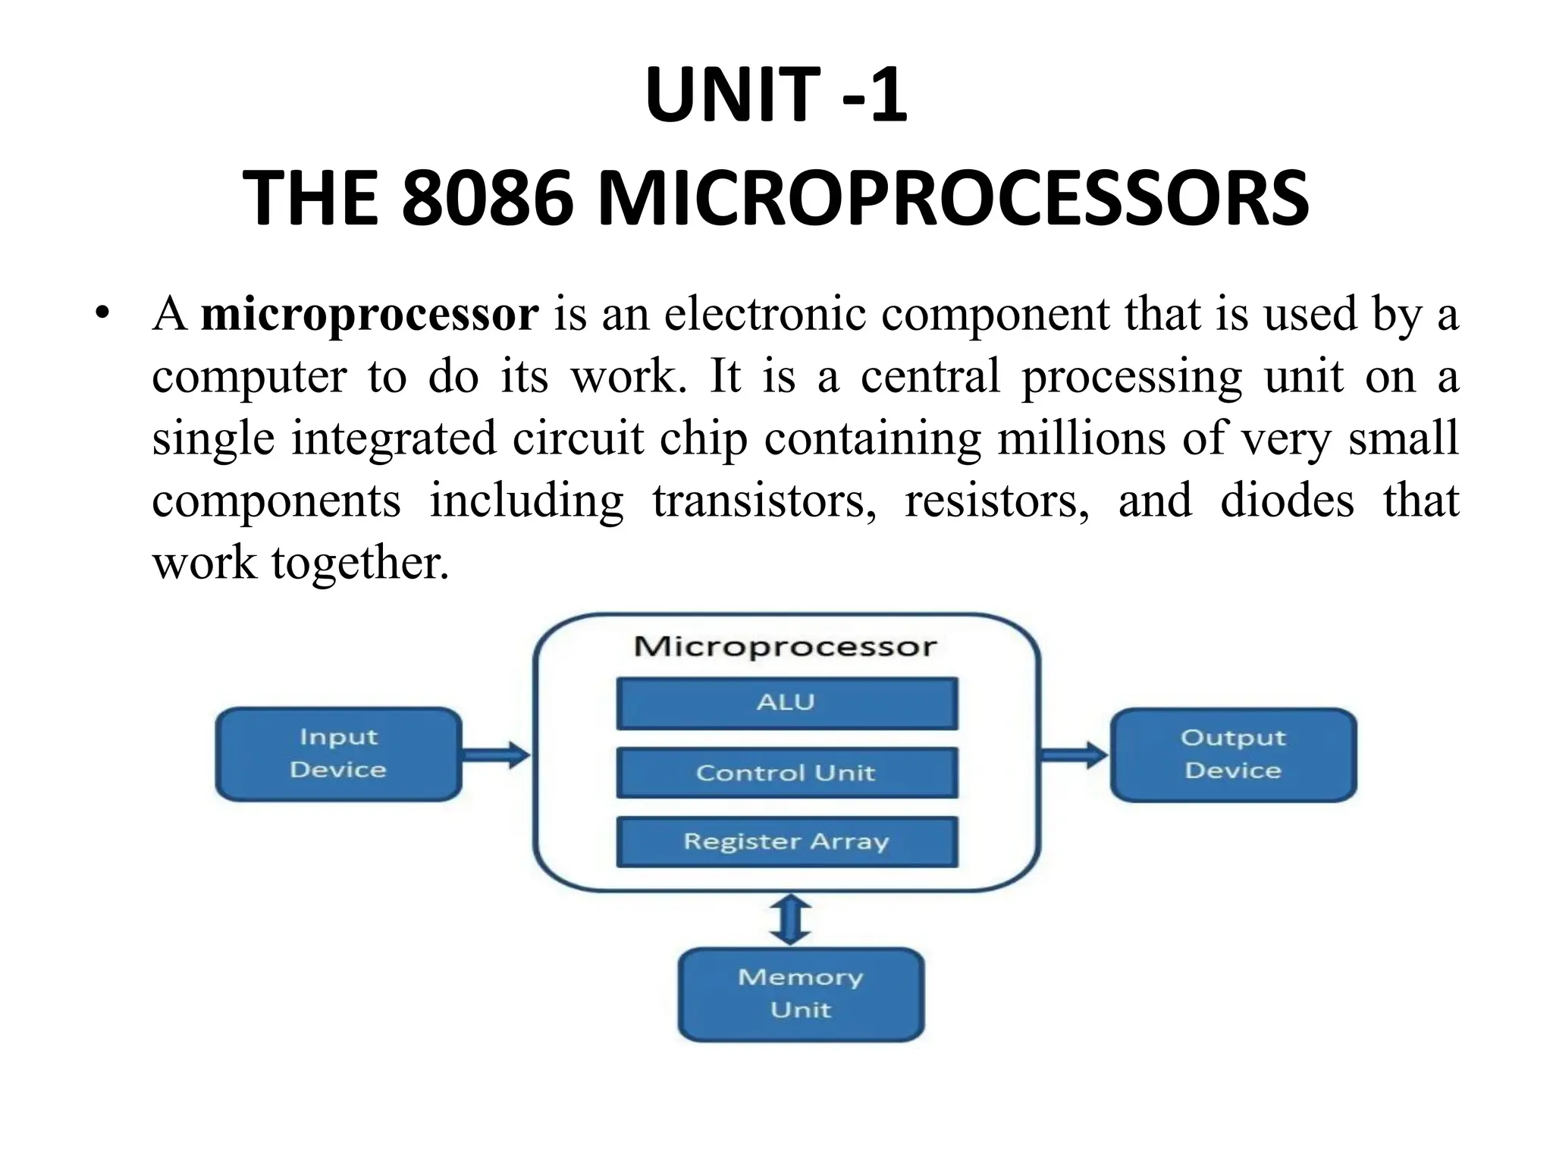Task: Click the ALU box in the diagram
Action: (x=786, y=703)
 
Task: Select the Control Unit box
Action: (x=786, y=773)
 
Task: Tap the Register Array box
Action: (x=786, y=842)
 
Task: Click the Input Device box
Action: (x=338, y=754)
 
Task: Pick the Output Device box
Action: (x=1233, y=755)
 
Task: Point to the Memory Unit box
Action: (x=801, y=994)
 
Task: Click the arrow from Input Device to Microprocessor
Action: (x=497, y=755)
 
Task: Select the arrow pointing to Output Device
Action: (x=1074, y=755)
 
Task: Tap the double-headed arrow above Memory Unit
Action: (x=790, y=919)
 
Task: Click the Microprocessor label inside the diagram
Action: (x=786, y=647)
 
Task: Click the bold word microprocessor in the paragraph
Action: (x=369, y=314)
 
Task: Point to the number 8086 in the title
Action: (x=486, y=199)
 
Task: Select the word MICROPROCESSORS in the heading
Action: (x=953, y=199)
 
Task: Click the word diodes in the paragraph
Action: (x=1287, y=501)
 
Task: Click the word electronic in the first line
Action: (x=765, y=314)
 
